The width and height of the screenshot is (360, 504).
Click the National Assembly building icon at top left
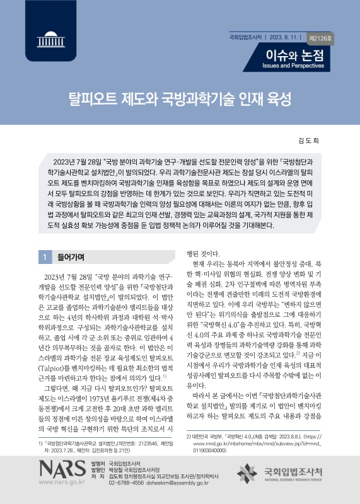tap(46, 37)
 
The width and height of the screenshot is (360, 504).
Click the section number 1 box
tap(45, 257)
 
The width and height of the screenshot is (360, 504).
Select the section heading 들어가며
tap(71, 257)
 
